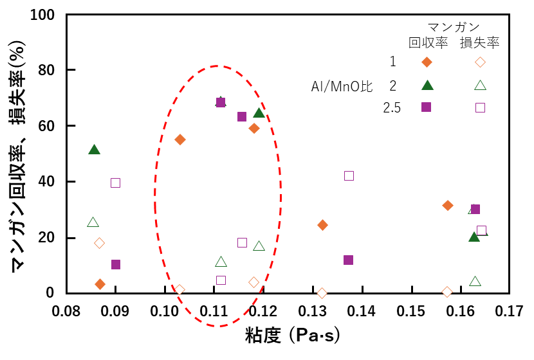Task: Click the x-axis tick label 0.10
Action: click(165, 312)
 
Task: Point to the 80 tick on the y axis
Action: click(51, 70)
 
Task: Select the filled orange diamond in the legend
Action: click(426, 62)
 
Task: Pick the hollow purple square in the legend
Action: click(480, 107)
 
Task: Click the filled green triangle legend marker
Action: click(426, 85)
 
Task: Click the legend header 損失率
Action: click(480, 43)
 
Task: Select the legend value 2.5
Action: click(392, 108)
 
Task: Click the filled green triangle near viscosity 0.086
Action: click(94, 149)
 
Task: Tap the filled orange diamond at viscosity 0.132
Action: click(322, 225)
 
